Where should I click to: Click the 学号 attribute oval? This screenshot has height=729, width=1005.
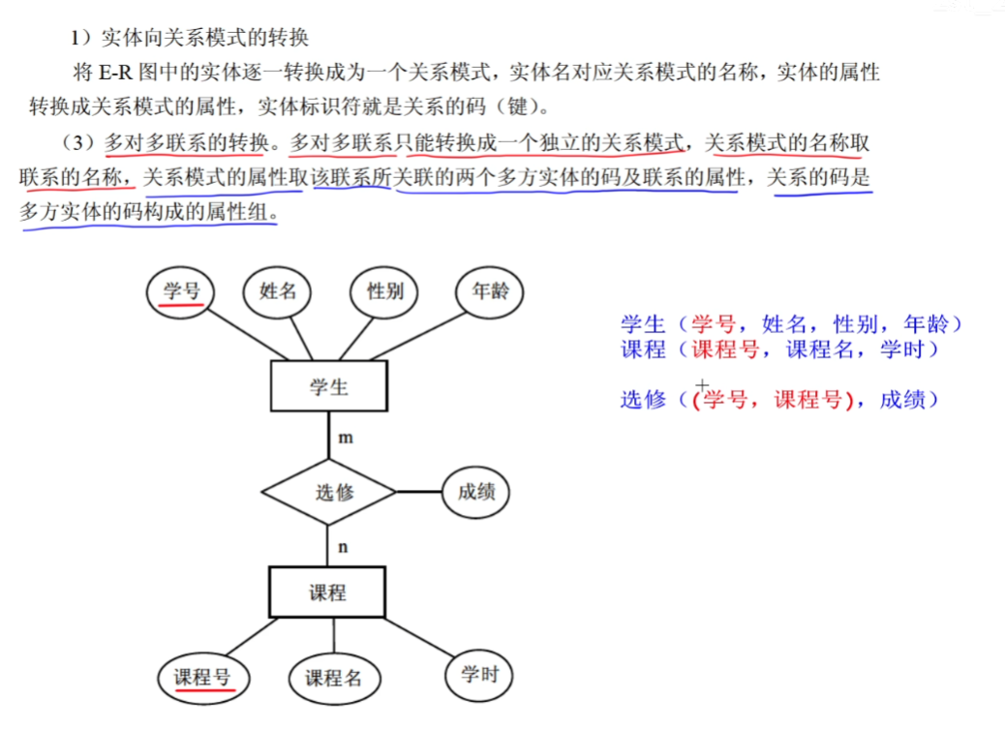pos(181,291)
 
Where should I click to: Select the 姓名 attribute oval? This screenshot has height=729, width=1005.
pos(278,291)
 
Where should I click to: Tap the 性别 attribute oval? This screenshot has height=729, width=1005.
pos(384,291)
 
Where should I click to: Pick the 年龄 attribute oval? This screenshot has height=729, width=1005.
pos(490,291)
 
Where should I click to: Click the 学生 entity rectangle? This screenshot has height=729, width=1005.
pos(329,387)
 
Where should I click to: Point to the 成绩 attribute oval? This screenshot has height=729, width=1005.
pos(475,492)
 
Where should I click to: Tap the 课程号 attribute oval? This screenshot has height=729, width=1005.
pos(202,678)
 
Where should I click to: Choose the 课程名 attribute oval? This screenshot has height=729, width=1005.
pos(333,679)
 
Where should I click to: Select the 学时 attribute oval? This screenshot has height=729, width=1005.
pos(479,673)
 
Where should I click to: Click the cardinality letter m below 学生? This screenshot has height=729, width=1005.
pos(345,438)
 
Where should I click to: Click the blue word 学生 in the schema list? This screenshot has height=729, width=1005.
pos(643,324)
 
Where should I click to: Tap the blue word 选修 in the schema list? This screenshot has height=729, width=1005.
pos(643,399)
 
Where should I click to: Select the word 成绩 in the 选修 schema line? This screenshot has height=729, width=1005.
pos(901,399)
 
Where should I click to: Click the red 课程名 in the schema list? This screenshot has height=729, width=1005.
pos(820,349)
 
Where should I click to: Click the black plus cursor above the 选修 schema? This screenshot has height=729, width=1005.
pos(703,384)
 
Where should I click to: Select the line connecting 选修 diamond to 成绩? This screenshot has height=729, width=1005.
pos(418,492)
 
